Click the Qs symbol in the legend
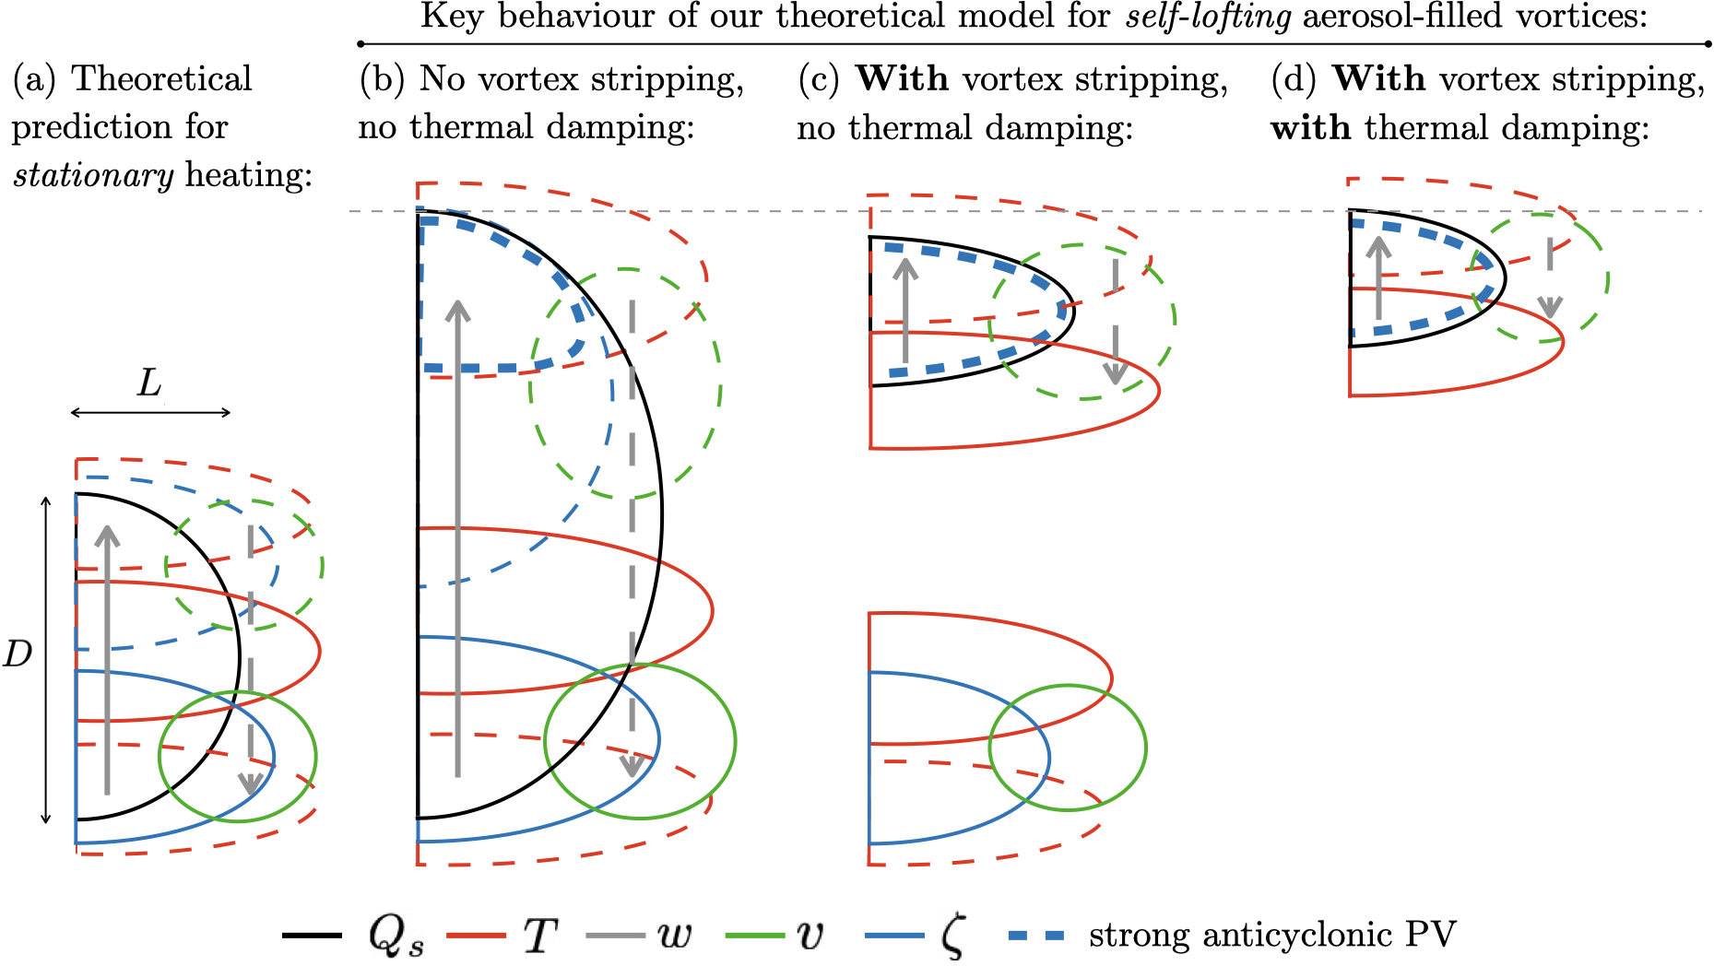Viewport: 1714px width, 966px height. pyautogui.click(x=396, y=936)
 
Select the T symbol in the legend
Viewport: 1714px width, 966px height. pyautogui.click(x=540, y=935)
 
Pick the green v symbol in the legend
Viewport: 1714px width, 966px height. pyautogui.click(x=810, y=935)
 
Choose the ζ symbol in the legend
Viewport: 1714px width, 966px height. pyautogui.click(x=953, y=936)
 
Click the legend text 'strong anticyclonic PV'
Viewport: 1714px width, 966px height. pyautogui.click(x=1271, y=935)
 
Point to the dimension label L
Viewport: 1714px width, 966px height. pyautogui.click(x=149, y=383)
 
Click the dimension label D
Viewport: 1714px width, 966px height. pyautogui.click(x=18, y=654)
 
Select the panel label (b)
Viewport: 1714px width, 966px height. pyautogui.click(x=382, y=79)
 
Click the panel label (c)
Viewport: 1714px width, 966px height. pyautogui.click(x=819, y=79)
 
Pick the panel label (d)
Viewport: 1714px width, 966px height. pyautogui.click(x=1294, y=79)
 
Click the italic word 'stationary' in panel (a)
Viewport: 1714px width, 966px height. pyautogui.click(x=93, y=175)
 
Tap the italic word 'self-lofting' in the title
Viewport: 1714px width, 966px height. pyautogui.click(x=1209, y=17)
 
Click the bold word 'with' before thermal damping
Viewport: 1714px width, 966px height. pyautogui.click(x=1310, y=127)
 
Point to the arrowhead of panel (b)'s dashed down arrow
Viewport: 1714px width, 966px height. pyautogui.click(x=632, y=767)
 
